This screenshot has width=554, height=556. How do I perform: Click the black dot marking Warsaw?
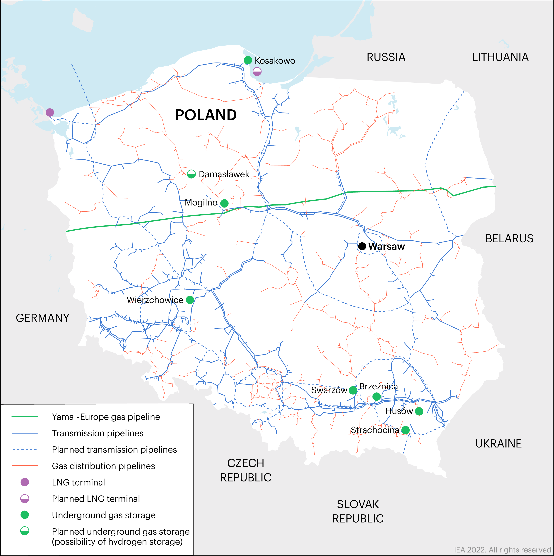point(362,246)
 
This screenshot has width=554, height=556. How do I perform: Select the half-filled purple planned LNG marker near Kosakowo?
point(257,72)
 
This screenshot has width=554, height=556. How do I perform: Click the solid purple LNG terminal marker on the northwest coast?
point(50,112)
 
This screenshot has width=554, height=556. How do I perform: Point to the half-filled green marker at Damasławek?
point(191,174)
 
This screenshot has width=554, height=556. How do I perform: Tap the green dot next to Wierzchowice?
point(190,300)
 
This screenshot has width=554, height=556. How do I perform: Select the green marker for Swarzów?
point(353,391)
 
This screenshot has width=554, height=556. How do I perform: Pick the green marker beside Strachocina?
point(405,430)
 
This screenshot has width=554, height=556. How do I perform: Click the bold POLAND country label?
point(206,115)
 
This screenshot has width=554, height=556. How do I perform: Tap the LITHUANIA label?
point(500,57)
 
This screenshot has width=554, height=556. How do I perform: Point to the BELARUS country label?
point(509,239)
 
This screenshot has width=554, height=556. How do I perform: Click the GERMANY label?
point(43,318)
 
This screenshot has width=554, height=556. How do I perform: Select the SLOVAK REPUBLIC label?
point(358,511)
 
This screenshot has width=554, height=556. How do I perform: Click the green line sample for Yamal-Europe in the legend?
point(25,416)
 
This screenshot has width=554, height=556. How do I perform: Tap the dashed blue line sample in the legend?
point(25,449)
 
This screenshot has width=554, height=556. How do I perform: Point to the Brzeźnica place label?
point(378,386)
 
